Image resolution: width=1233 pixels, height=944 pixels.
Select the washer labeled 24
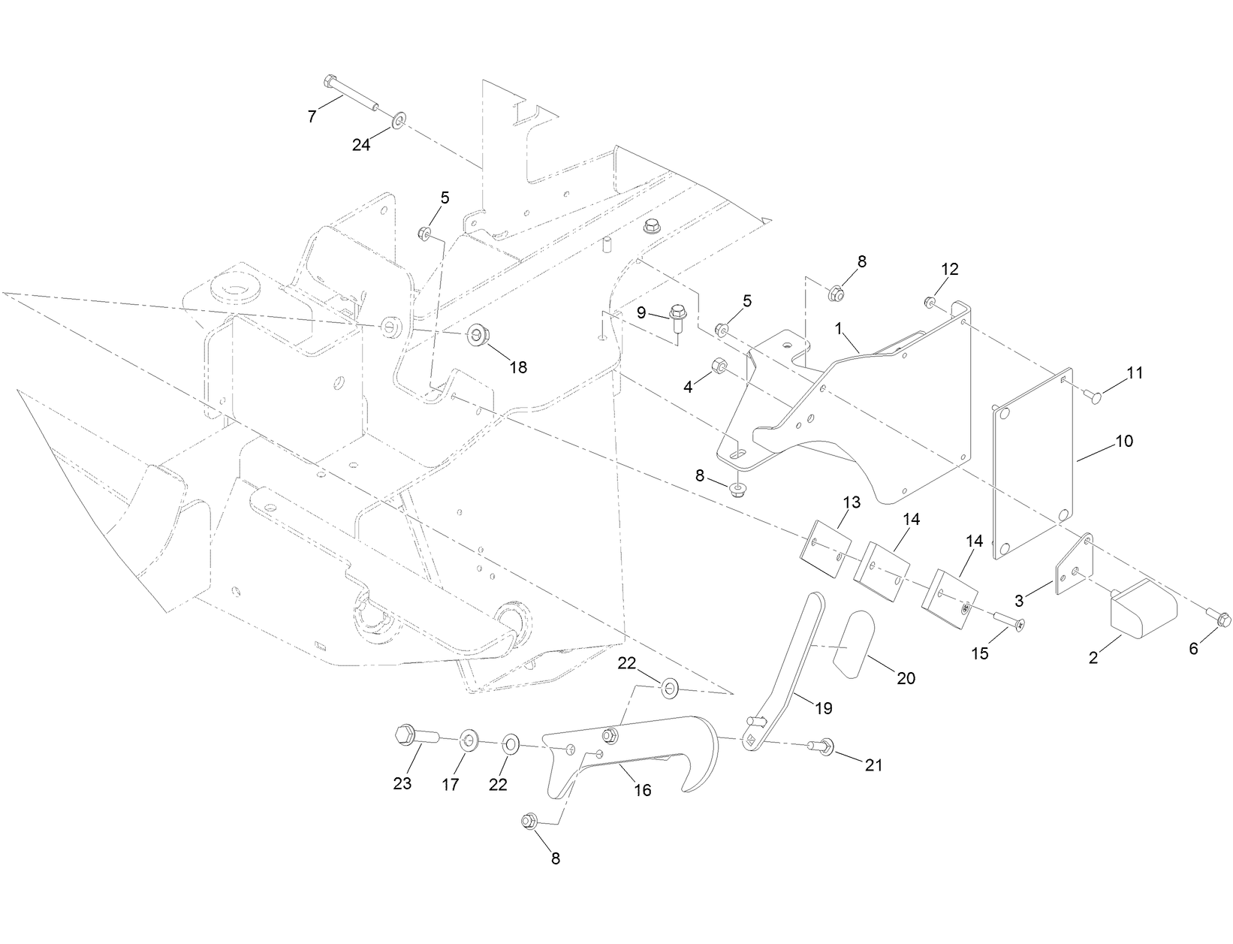coord(398,119)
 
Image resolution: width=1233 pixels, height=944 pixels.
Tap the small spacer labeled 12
coord(929,302)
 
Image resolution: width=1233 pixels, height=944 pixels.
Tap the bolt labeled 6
coord(1220,620)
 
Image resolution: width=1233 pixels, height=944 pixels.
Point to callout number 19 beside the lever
coord(825,707)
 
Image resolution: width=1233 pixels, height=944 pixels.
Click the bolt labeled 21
coord(820,746)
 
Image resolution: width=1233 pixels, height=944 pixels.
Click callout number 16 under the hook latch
coord(642,789)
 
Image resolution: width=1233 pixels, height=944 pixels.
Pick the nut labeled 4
coord(716,367)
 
